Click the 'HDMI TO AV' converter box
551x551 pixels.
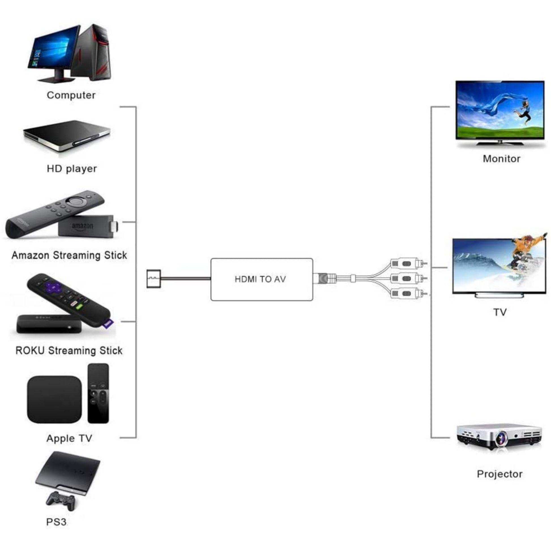[x=262, y=279]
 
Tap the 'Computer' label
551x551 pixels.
[x=71, y=95]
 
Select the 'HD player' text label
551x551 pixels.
[x=72, y=168]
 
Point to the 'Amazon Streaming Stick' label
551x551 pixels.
[x=69, y=255]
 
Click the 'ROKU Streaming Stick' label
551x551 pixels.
[x=69, y=350]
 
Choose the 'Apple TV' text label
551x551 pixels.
[x=69, y=438]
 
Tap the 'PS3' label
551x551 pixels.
[x=56, y=522]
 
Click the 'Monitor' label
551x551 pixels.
[x=501, y=159]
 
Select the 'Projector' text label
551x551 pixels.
[x=500, y=474]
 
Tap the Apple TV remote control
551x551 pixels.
[x=98, y=393]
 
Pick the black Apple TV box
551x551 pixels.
[x=54, y=399]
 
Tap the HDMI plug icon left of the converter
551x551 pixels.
[x=153, y=279]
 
